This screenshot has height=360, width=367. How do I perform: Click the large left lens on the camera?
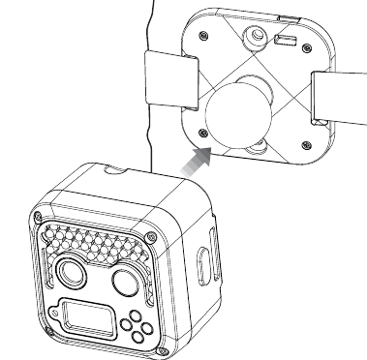[x=71, y=274]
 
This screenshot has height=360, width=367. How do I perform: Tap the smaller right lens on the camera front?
[x=126, y=281]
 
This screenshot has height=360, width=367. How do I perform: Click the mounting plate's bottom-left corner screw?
[x=200, y=132]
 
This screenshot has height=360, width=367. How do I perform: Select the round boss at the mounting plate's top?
[x=254, y=36]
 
